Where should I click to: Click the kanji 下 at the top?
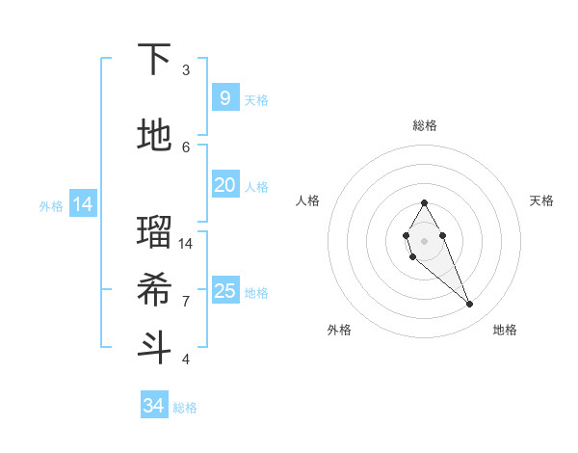(x=155, y=60)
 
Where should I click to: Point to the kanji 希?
(x=155, y=289)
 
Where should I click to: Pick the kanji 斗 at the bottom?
(x=155, y=347)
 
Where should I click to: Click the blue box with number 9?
(x=224, y=97)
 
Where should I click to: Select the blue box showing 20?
(x=224, y=185)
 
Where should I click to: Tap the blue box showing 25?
(x=224, y=291)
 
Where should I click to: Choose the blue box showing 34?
(x=154, y=406)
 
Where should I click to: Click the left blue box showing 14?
(x=83, y=203)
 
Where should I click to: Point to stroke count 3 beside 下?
(x=186, y=70)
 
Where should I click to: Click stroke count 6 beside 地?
(x=186, y=147)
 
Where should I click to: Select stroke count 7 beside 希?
(x=186, y=301)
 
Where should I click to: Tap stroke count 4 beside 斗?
(x=186, y=360)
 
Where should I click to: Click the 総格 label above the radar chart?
(x=425, y=125)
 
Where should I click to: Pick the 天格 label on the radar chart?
(x=541, y=200)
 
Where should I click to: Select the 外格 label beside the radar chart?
(x=338, y=330)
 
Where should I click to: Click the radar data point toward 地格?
(x=469, y=305)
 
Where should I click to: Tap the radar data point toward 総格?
(x=424, y=202)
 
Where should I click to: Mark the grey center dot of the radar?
(x=424, y=240)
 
